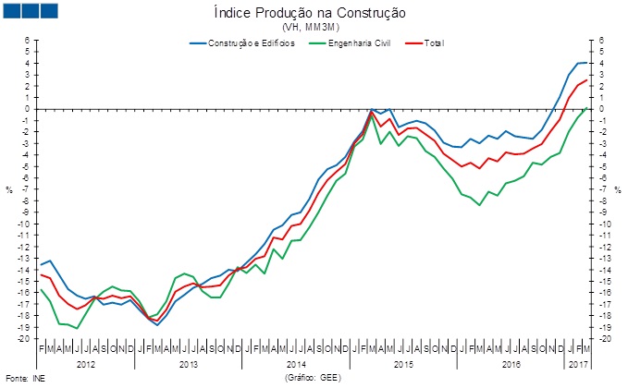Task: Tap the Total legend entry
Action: click(433, 43)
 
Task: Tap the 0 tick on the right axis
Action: click(601, 109)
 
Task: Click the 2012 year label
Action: click(86, 365)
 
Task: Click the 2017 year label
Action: click(578, 365)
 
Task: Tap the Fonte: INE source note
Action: click(25, 379)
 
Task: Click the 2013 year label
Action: click(189, 365)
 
